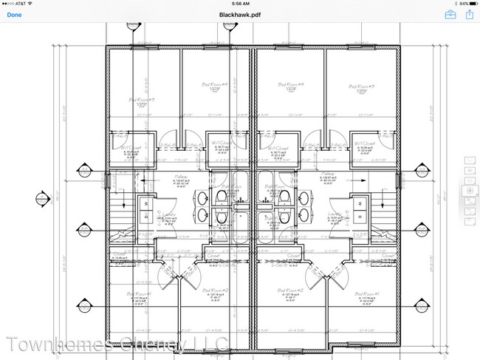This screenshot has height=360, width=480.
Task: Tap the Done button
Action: pyautogui.click(x=14, y=15)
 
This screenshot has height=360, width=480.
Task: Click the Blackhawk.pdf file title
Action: pyautogui.click(x=239, y=15)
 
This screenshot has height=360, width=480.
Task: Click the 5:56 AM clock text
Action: pyautogui.click(x=239, y=4)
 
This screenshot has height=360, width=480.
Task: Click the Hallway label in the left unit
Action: pyautogui.click(x=180, y=176)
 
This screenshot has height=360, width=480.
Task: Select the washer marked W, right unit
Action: pyautogui.click(x=360, y=203)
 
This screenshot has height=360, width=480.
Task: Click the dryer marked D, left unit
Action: pyautogui.click(x=145, y=216)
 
